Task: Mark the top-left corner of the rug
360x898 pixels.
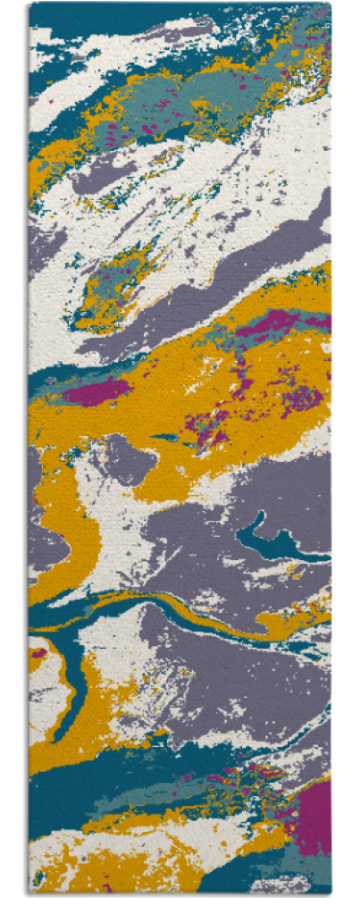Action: pyautogui.click(x=29, y=4)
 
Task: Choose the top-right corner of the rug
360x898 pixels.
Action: pyautogui.click(x=330, y=4)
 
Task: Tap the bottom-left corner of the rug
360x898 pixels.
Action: pyautogui.click(x=29, y=893)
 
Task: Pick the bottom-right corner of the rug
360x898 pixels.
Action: pyautogui.click(x=330, y=893)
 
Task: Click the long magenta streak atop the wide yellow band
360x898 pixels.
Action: pyautogui.click(x=268, y=323)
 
